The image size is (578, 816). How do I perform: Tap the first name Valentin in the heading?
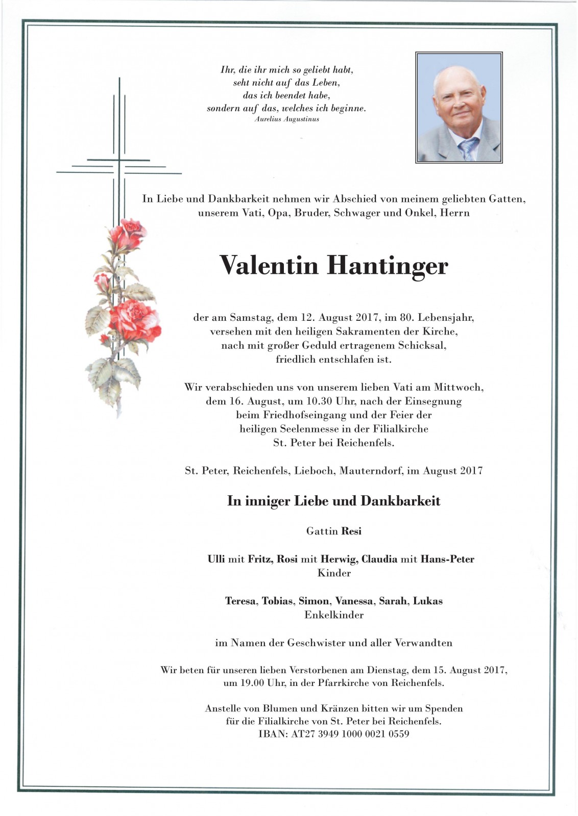coord(269,265)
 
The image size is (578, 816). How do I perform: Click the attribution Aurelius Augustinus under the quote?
coord(286,119)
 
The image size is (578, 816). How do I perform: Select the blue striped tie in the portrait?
coord(468,148)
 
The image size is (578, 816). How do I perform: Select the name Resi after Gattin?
coord(351,531)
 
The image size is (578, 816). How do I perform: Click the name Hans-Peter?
coord(447,559)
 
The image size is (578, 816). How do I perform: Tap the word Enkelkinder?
coord(334,615)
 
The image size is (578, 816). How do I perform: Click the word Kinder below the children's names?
coord(334,573)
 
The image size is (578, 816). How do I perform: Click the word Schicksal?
coord(422,346)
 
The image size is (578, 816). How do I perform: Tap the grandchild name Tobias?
coord(277,601)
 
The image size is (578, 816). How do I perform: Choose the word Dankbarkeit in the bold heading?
coord(400,501)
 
